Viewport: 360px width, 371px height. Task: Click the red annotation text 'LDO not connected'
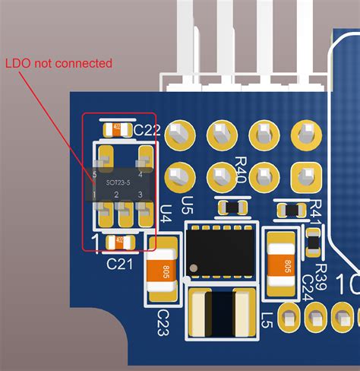[58, 63]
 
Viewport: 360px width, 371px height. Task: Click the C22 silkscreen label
[147, 131]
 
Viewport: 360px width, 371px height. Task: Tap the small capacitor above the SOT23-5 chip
[118, 129]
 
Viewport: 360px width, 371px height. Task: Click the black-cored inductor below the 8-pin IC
[223, 314]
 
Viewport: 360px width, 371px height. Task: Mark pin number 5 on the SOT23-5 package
[95, 174]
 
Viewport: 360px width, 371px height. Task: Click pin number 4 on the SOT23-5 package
[141, 174]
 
